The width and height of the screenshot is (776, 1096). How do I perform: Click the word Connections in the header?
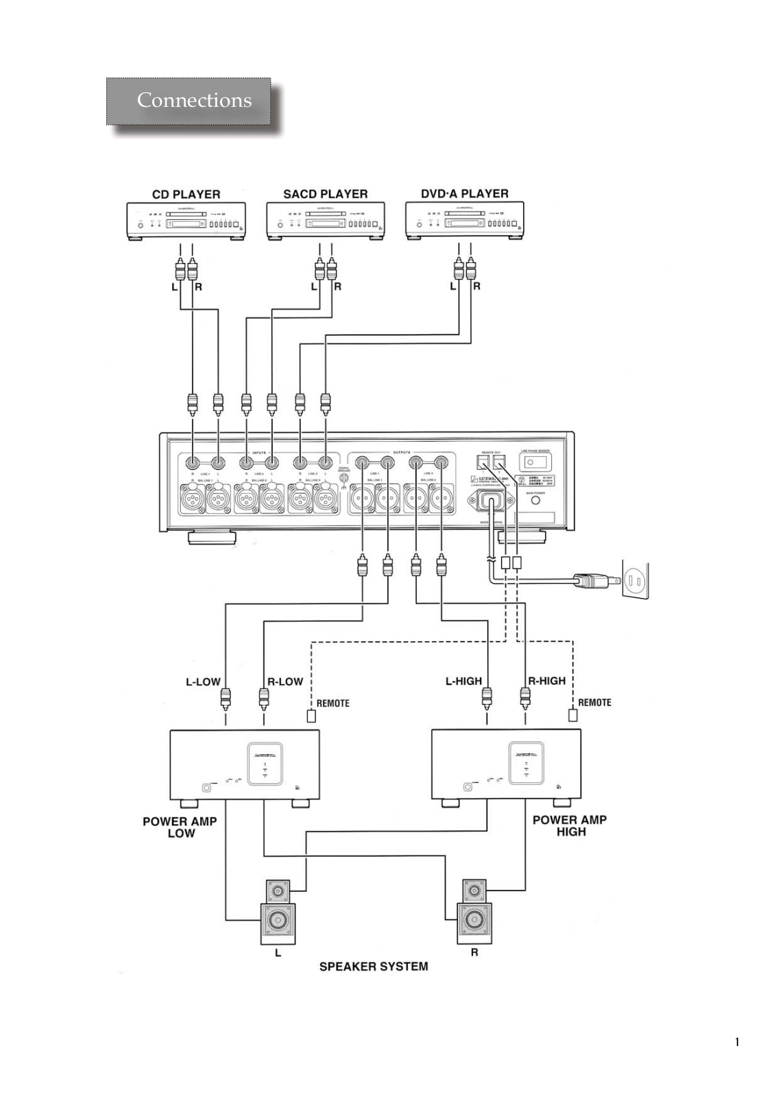tap(194, 100)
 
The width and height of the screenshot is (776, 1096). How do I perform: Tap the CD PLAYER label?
tap(186, 195)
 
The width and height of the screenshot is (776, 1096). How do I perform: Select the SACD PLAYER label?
tap(326, 194)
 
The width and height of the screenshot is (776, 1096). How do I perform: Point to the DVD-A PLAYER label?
tap(465, 193)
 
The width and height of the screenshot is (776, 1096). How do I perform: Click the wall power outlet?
tap(634, 581)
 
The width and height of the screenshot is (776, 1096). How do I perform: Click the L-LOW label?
tap(203, 682)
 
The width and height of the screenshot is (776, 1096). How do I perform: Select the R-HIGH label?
tap(546, 680)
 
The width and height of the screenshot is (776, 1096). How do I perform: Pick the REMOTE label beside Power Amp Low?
tap(332, 703)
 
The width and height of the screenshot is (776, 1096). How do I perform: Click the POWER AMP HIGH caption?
tap(570, 825)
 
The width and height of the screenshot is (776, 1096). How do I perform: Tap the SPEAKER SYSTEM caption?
tap(374, 967)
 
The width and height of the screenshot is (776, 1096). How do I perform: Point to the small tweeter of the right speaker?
tap(473, 891)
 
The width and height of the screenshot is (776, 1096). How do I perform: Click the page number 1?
tap(738, 1043)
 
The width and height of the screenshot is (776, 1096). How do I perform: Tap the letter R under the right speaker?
tap(474, 952)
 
